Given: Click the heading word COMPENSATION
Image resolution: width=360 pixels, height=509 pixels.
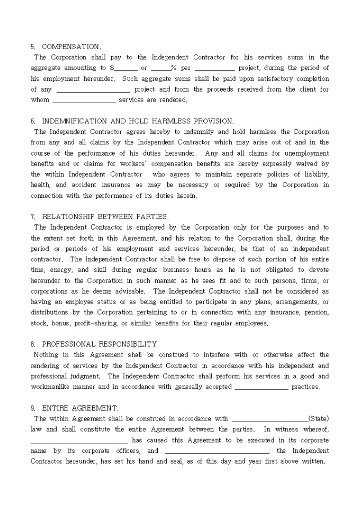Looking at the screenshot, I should [x=71, y=47].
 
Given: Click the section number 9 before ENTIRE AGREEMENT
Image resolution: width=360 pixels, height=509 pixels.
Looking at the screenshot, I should [x=33, y=408].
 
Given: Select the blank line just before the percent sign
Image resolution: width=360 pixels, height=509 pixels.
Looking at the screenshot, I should [x=160, y=68].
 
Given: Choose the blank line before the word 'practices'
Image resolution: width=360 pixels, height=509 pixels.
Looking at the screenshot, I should [x=261, y=387].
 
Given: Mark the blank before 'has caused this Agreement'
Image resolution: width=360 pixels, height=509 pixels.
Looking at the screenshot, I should [x=79, y=440].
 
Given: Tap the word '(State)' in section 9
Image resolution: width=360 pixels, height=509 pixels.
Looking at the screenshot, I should [x=318, y=419].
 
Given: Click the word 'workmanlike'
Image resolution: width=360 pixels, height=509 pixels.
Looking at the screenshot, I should [x=51, y=387].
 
